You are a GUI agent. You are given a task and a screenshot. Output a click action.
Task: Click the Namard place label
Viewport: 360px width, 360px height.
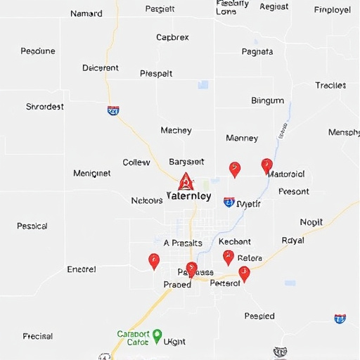point(86,13)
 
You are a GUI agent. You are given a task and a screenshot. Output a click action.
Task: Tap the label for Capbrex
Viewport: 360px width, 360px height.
point(172,37)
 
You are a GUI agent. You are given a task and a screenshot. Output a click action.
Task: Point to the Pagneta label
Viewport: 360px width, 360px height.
point(257,51)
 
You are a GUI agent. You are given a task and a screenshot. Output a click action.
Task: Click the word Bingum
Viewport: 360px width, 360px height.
point(267,101)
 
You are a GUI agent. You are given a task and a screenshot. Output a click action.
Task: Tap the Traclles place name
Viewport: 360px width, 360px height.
point(330,85)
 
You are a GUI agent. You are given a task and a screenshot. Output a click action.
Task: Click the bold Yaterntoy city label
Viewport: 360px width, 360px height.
point(188,196)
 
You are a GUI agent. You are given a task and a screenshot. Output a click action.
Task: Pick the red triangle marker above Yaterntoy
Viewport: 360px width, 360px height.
point(186,182)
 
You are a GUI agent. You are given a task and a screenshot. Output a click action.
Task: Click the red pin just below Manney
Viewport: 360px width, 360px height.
point(235,169)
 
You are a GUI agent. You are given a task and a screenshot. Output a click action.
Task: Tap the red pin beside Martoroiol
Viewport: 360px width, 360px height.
point(266,165)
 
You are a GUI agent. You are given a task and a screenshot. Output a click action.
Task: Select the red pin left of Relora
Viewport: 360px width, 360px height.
point(228,257)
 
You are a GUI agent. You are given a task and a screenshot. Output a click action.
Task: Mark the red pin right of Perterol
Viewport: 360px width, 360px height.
point(244,273)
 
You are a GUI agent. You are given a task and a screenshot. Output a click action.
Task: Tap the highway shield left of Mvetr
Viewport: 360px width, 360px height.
point(229,202)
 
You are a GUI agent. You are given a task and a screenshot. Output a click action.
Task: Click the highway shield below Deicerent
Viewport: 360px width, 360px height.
point(113,110)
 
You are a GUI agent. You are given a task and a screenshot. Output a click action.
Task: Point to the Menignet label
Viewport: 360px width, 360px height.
point(91,173)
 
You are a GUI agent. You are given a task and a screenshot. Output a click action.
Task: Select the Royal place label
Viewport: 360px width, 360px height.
point(292,240)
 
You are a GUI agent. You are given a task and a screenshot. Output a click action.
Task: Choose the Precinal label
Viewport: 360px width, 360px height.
point(37,336)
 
